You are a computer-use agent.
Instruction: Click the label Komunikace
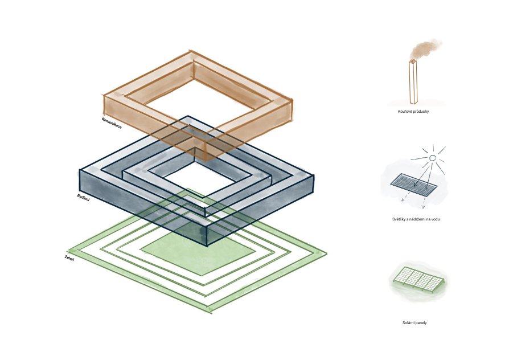[x=112, y=123]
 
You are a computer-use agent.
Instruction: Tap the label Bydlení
[x=83, y=198]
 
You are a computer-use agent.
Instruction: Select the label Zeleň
[x=69, y=259]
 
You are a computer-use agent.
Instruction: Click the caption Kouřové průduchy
[x=413, y=112]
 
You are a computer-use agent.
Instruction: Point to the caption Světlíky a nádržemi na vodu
[x=416, y=219]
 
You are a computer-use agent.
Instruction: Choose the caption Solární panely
[x=414, y=322]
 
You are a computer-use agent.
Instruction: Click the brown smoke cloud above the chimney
[x=425, y=49]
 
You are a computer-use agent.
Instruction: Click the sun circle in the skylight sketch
[x=432, y=158]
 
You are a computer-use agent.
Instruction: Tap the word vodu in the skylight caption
[x=436, y=219]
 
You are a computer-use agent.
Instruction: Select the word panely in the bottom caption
[x=421, y=322]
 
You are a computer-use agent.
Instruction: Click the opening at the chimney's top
[x=413, y=61]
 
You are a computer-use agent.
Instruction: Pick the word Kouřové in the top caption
[x=404, y=112]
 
